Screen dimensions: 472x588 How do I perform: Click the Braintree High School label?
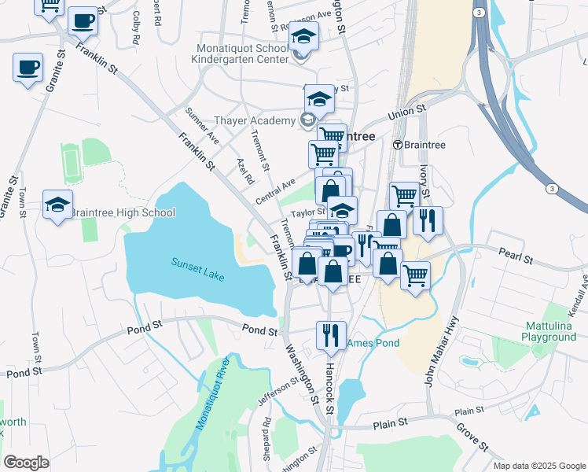coord(122,212)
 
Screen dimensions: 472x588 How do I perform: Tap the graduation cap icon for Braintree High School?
coord(57,205)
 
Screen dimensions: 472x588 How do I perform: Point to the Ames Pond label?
coord(372,343)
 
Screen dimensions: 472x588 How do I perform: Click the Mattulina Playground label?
coord(549,331)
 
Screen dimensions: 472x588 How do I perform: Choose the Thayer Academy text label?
coord(253,121)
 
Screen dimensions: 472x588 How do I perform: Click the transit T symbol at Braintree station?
coord(398,145)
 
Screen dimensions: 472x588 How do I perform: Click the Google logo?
coord(26,463)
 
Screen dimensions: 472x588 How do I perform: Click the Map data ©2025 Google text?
coord(538,465)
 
